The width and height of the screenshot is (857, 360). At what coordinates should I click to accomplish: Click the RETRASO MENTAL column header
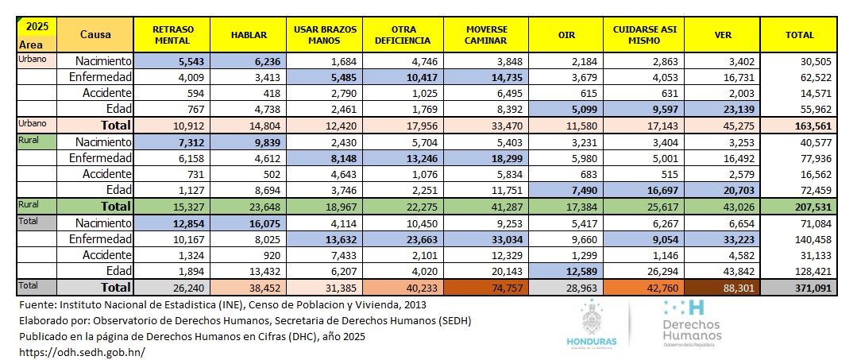(x=172, y=35)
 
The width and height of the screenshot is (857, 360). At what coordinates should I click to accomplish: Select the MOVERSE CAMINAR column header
(x=488, y=35)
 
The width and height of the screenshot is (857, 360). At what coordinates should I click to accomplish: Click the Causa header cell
(x=95, y=35)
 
